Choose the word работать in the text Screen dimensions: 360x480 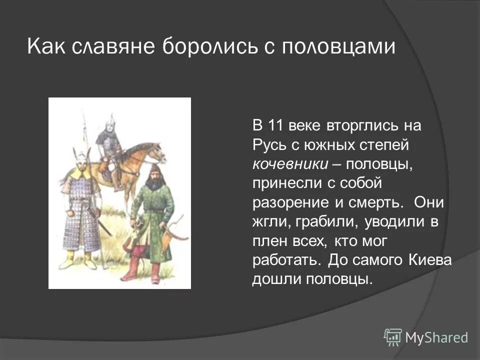pyautogui.click(x=284, y=260)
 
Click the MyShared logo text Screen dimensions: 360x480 pyautogui.click(x=436, y=337)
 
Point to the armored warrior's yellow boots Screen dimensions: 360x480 pyautogui.click(x=80, y=257)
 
